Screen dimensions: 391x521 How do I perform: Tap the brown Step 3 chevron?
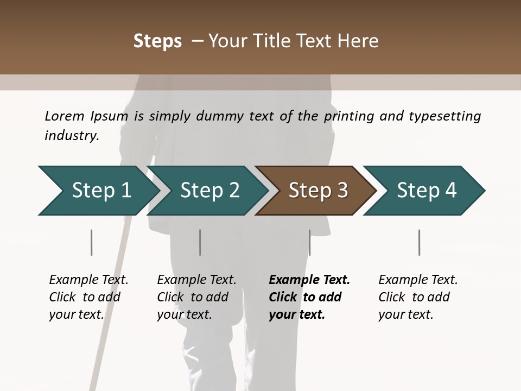click(x=317, y=191)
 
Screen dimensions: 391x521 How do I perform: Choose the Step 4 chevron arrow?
click(x=426, y=191)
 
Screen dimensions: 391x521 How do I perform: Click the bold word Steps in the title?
click(x=157, y=41)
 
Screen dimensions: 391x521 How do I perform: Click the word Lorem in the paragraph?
click(x=65, y=116)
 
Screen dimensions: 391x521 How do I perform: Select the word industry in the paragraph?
click(x=72, y=135)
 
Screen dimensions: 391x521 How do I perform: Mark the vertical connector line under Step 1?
click(x=91, y=242)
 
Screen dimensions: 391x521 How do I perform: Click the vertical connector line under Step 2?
click(x=200, y=242)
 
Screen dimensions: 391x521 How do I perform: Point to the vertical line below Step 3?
click(x=309, y=242)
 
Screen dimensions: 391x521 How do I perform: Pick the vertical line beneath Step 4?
click(x=419, y=242)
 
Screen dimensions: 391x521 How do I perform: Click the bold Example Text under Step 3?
click(x=309, y=280)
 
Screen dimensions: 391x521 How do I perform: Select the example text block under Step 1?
click(x=88, y=297)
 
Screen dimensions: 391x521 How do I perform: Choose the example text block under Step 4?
click(x=418, y=297)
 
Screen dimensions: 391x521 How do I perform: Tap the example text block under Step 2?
click(x=196, y=297)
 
